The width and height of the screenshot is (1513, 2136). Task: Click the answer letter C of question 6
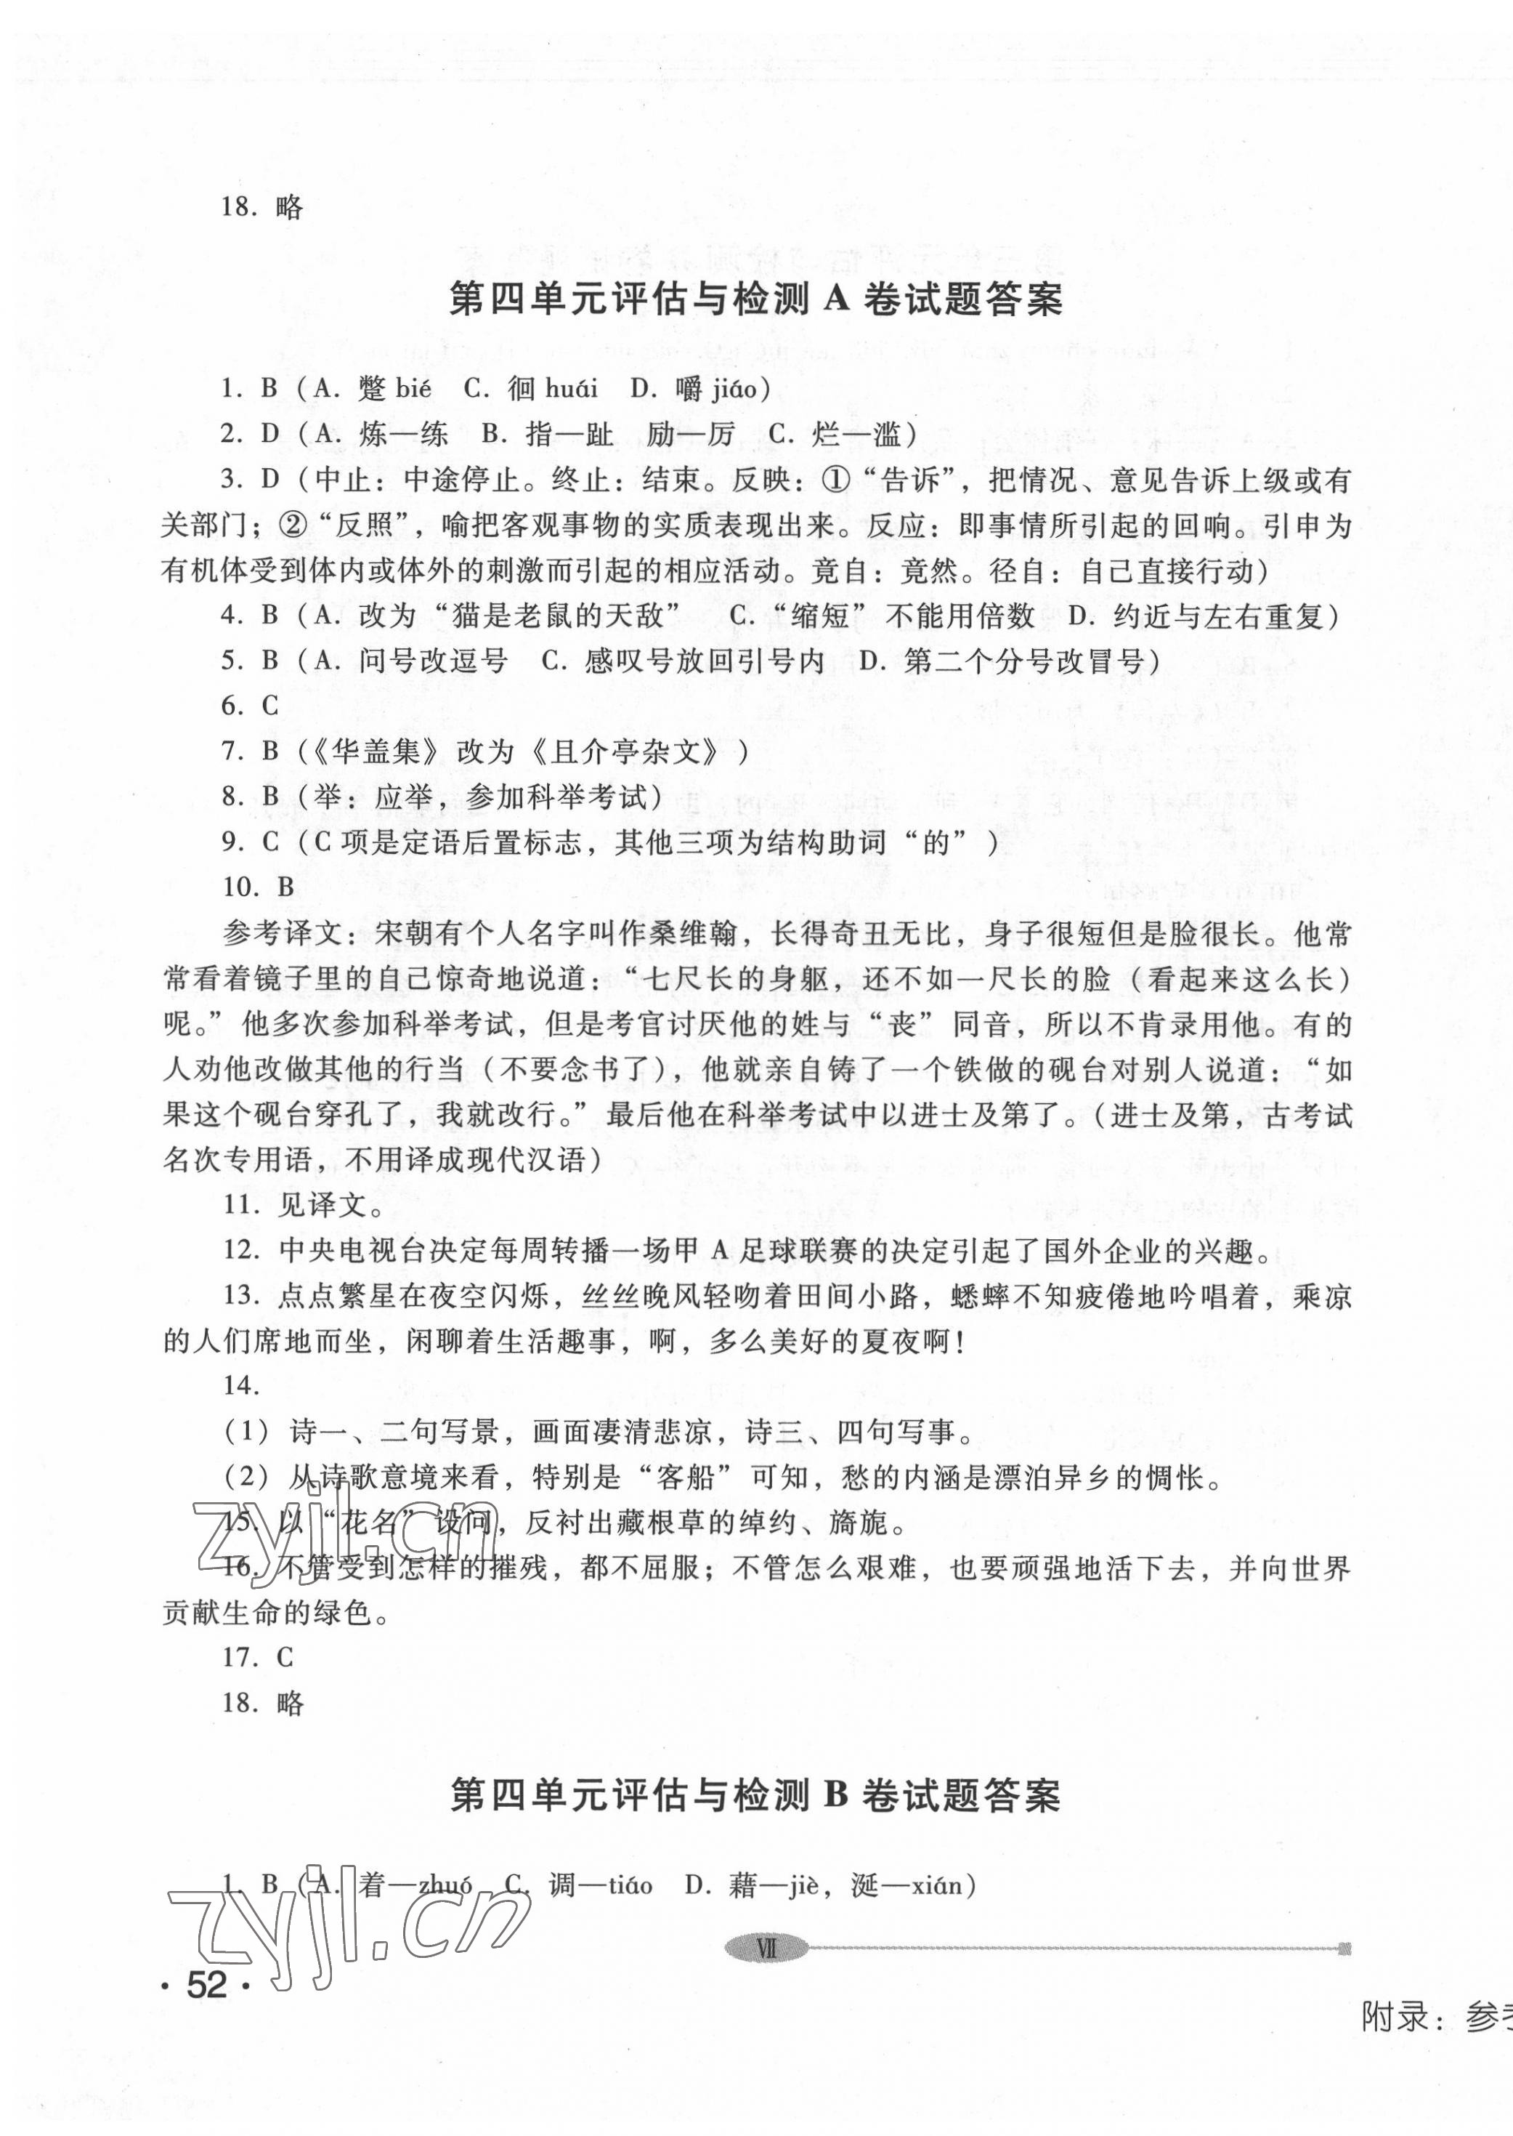click(270, 706)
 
